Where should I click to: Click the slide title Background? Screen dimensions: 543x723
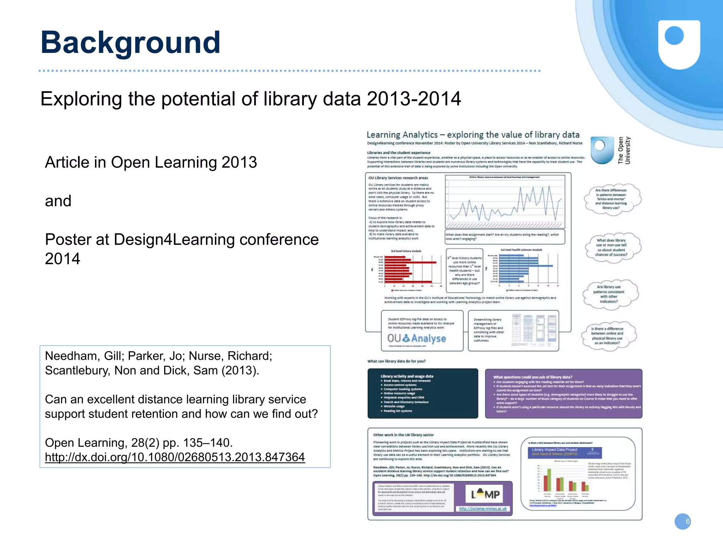131,42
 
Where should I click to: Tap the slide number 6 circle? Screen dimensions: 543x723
682,521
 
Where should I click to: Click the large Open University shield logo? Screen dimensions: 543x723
679,44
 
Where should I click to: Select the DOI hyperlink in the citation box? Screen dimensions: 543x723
175,457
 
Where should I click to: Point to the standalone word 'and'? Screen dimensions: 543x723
58,201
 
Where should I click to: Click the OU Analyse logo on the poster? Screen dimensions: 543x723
417,338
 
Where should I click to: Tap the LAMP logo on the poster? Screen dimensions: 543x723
485,494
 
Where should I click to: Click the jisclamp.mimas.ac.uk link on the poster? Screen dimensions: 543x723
483,509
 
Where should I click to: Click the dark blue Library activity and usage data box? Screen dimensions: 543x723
423,393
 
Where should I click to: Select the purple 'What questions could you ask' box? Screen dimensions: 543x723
563,394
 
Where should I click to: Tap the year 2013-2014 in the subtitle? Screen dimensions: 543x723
414,99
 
